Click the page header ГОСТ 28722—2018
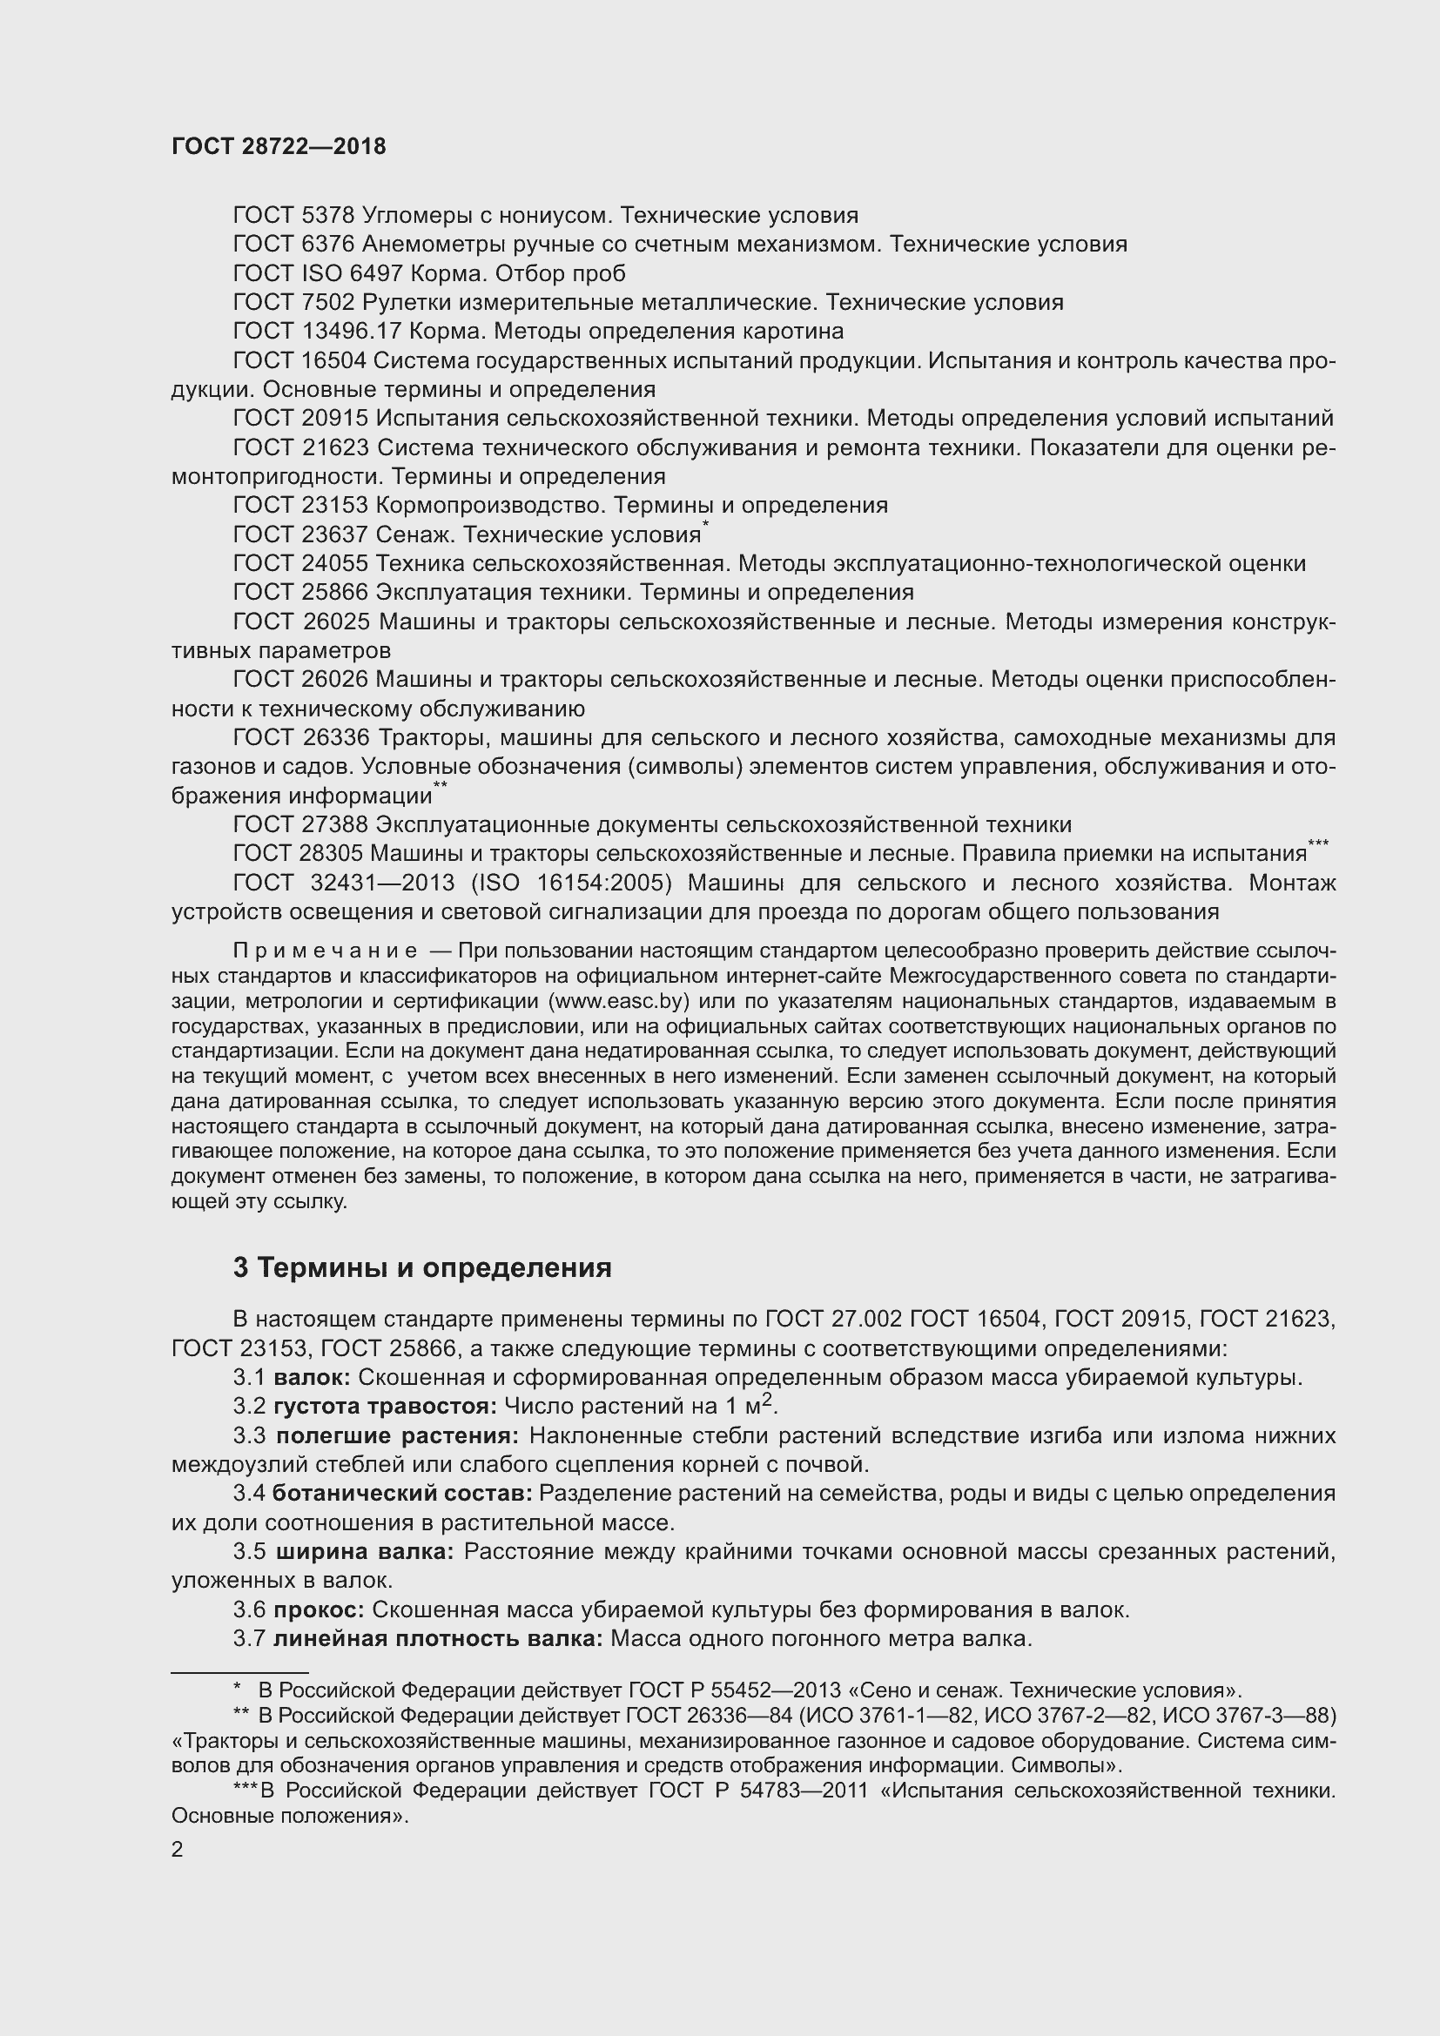[x=279, y=147]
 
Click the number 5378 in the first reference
[x=328, y=216]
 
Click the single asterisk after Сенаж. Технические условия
[x=706, y=526]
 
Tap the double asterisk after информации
[x=440, y=787]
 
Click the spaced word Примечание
[x=325, y=951]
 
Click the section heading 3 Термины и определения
[x=422, y=1268]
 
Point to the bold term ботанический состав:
[x=401, y=1495]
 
